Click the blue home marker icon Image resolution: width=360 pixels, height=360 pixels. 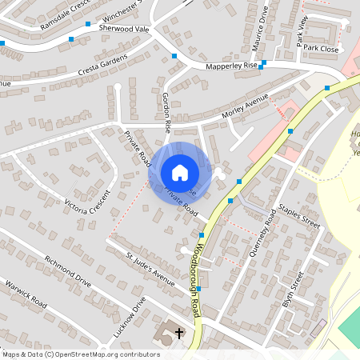click(180, 173)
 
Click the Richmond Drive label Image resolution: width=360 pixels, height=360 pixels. click(68, 271)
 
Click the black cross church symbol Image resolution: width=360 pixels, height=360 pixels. click(179, 332)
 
